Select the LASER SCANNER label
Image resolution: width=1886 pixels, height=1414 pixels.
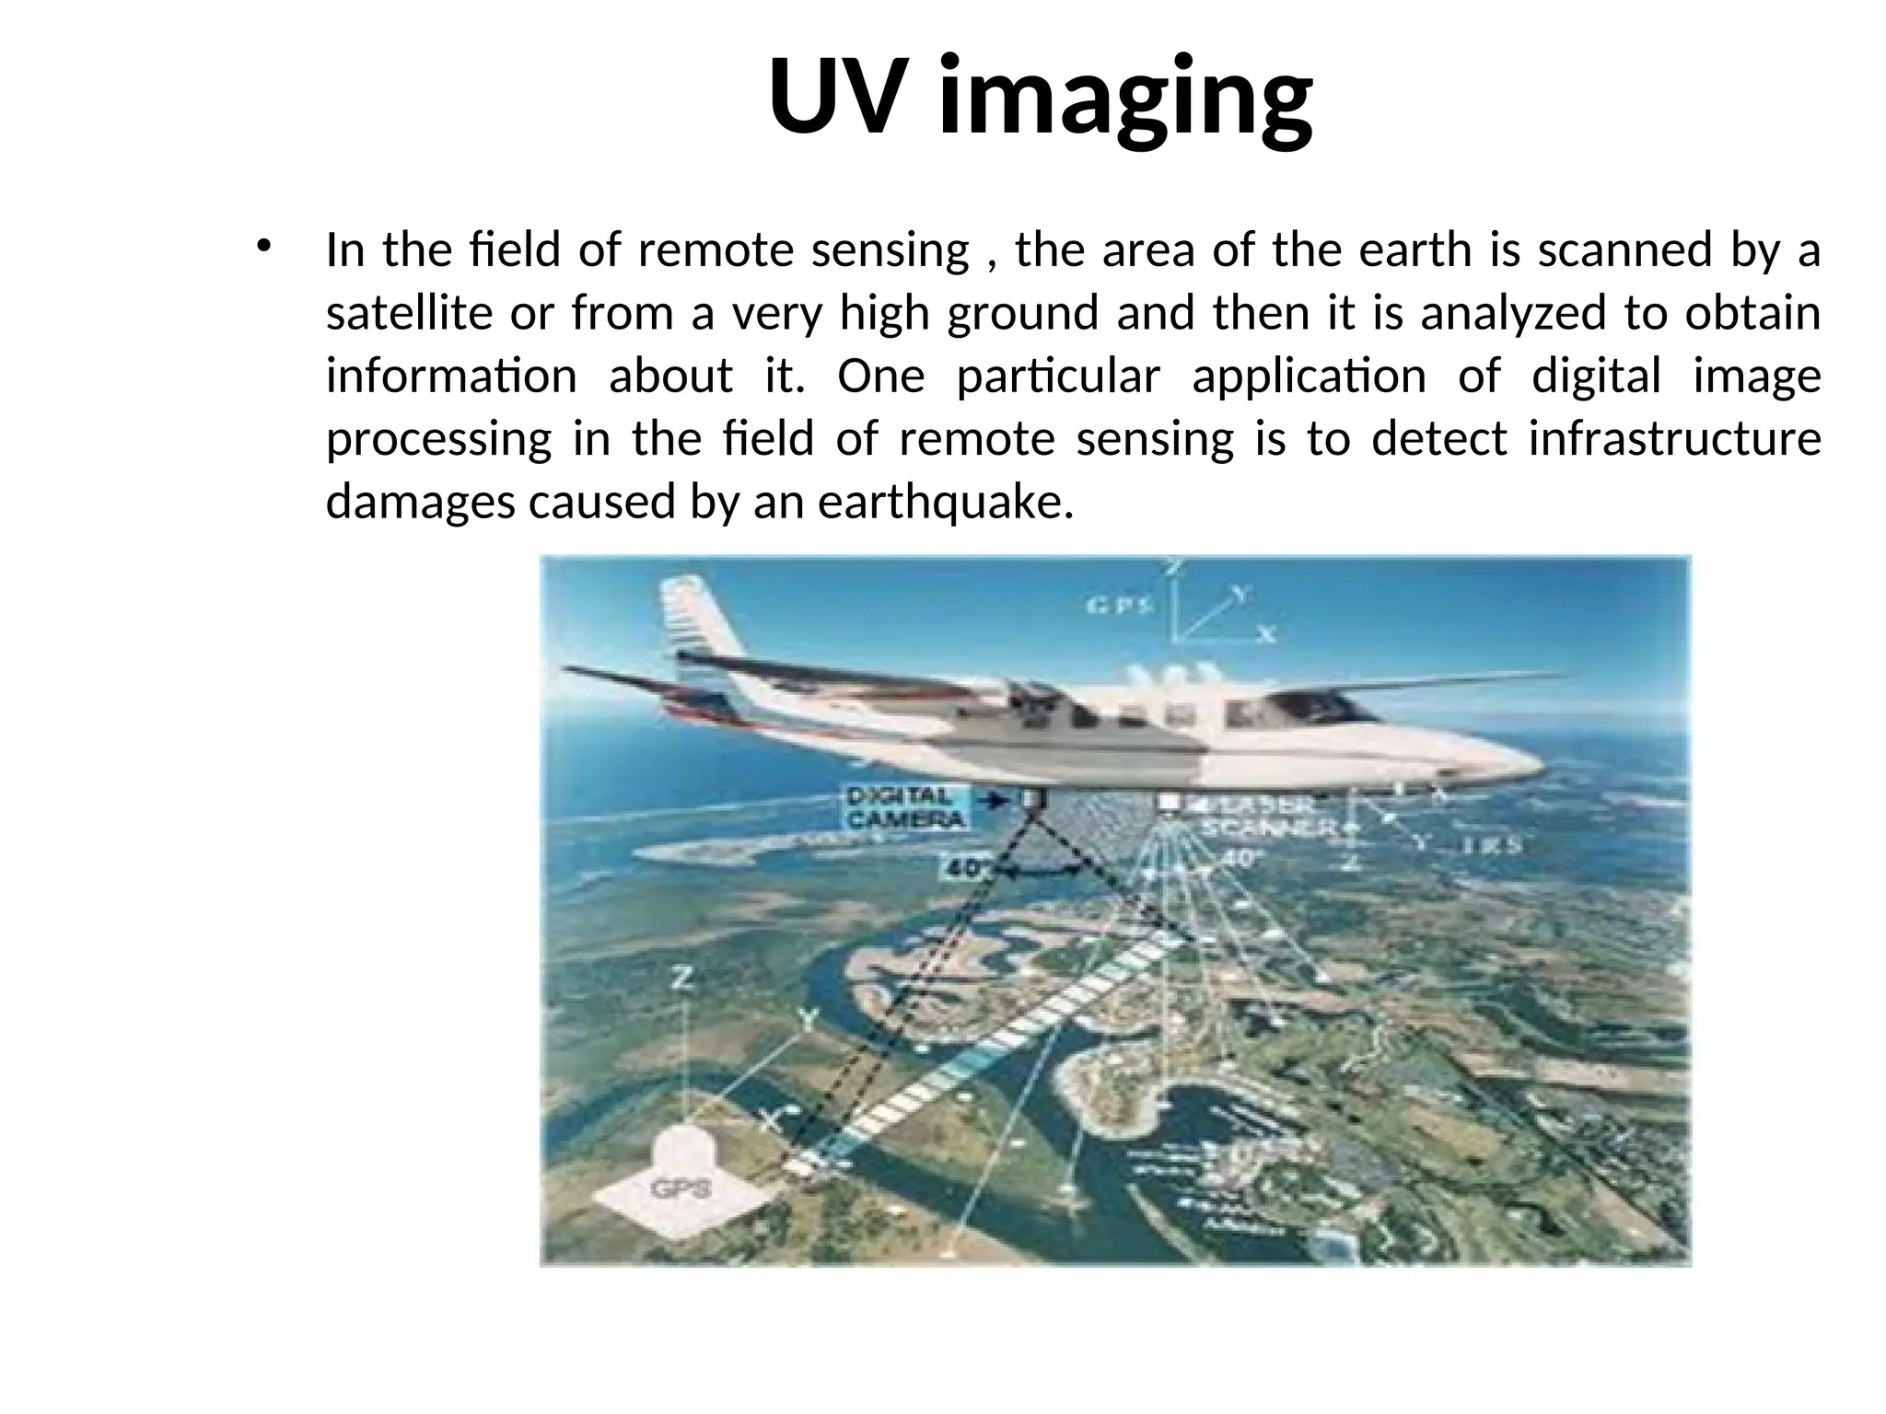pos(1266,816)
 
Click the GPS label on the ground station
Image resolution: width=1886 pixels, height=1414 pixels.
pos(681,1188)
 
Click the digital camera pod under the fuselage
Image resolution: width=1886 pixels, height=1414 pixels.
pos(1029,799)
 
